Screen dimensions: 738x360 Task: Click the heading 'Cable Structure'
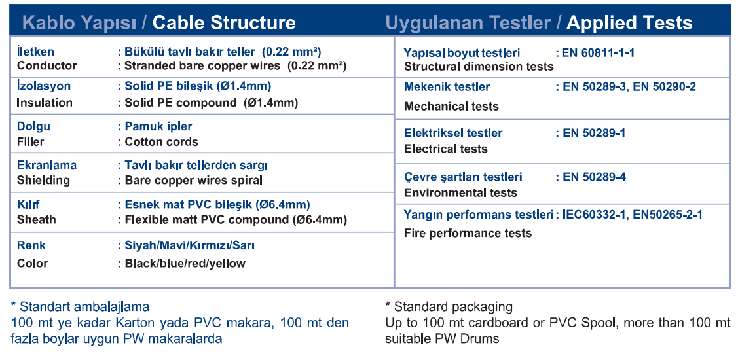[x=224, y=23]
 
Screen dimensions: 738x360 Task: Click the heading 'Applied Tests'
[x=629, y=23]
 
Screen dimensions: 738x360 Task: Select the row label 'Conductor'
[x=46, y=66]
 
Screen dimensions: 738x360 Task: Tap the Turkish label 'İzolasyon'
[x=44, y=86]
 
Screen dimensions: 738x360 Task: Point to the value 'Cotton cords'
[x=162, y=141]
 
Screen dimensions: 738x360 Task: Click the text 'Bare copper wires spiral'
[x=193, y=180]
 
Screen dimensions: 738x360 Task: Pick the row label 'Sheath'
[x=36, y=219]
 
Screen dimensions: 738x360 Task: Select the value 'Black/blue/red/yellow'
[x=185, y=264]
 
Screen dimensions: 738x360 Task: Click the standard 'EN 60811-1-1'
[x=598, y=53]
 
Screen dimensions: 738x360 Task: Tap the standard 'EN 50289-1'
[x=594, y=133]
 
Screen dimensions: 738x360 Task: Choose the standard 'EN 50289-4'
[x=595, y=177]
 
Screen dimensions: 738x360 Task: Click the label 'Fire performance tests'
[x=468, y=234]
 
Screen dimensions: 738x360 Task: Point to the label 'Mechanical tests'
[x=451, y=106]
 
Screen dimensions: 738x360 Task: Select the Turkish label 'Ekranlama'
[x=46, y=165]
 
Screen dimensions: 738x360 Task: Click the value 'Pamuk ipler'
[x=158, y=126]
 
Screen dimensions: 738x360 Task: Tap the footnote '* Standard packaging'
[x=449, y=307]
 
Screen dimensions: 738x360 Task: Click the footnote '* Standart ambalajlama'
[x=80, y=307]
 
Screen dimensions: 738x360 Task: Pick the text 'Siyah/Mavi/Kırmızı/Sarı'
[x=190, y=245]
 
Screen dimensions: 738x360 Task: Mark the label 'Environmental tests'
[x=461, y=193]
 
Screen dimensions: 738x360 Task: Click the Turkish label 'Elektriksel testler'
[x=453, y=133]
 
